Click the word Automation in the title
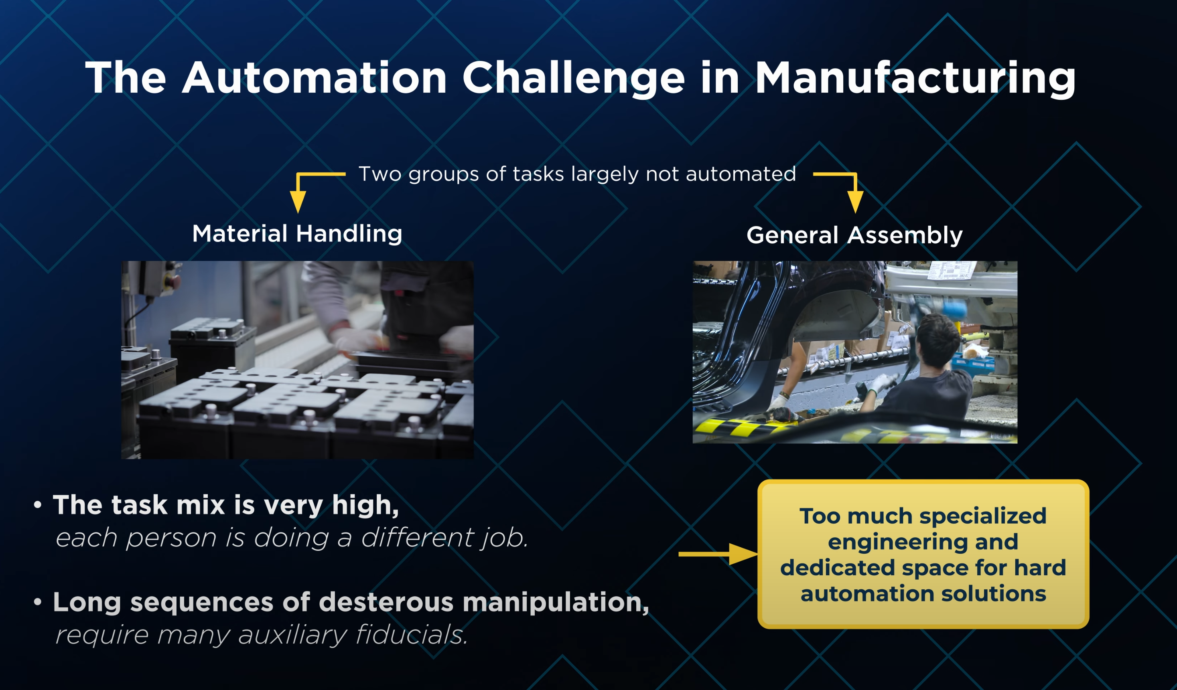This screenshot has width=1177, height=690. pyautogui.click(x=315, y=77)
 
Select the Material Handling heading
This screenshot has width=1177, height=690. pyautogui.click(x=297, y=234)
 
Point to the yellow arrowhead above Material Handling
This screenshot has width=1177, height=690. pyautogui.click(x=298, y=202)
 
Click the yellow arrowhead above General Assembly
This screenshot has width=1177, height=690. pyautogui.click(x=855, y=202)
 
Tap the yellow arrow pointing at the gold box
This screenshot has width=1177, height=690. pyautogui.click(x=718, y=554)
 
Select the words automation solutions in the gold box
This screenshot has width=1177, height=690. pyautogui.click(x=923, y=593)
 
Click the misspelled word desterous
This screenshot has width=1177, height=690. pyautogui.click(x=386, y=602)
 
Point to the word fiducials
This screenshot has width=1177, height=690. pyautogui.click(x=412, y=635)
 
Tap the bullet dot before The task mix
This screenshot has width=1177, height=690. pyautogui.click(x=38, y=505)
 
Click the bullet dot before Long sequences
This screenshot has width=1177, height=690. pyautogui.click(x=38, y=602)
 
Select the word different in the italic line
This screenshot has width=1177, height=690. pyautogui.click(x=417, y=537)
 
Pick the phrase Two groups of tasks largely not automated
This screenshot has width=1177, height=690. pyautogui.click(x=577, y=174)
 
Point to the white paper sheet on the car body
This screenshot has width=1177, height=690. pyautogui.click(x=951, y=269)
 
